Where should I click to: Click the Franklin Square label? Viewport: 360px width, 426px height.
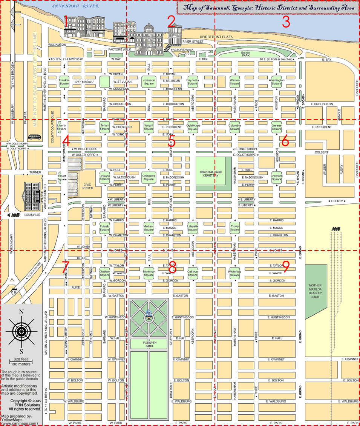coord(64,82)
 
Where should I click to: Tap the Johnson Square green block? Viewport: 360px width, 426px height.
coord(149,82)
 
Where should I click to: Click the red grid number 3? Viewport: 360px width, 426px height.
coord(286,22)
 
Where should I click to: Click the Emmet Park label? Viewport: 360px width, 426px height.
coord(246,54)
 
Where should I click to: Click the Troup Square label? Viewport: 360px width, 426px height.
coord(234,228)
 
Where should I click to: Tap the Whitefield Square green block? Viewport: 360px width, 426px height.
coord(234,273)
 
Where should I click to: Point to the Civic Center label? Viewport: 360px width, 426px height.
coord(87,186)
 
